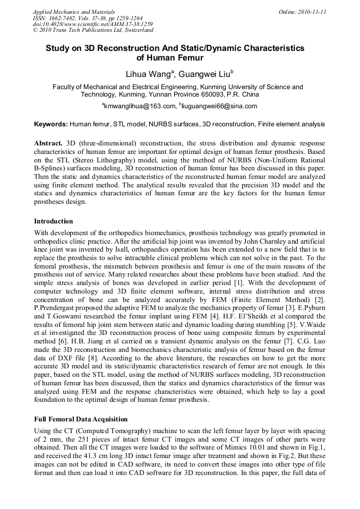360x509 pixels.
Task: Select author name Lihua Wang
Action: pyautogui.click(x=148, y=74)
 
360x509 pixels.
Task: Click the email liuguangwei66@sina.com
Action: pyautogui.click(x=219, y=106)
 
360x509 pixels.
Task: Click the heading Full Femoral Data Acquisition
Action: pyautogui.click(x=81, y=419)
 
